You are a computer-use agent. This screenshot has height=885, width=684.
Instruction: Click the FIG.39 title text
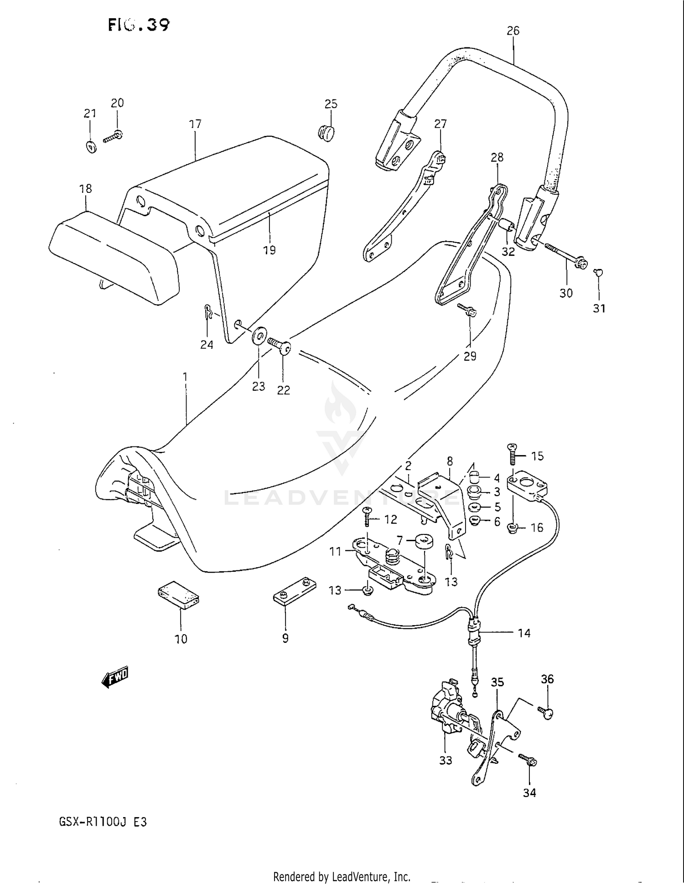pyautogui.click(x=139, y=25)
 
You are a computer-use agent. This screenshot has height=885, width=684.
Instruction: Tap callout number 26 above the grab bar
pyautogui.click(x=513, y=31)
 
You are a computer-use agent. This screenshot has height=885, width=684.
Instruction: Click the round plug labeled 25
pyautogui.click(x=325, y=132)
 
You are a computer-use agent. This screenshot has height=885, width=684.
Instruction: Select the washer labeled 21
pyautogui.click(x=91, y=147)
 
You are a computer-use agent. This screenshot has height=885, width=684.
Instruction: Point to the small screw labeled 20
pyautogui.click(x=113, y=136)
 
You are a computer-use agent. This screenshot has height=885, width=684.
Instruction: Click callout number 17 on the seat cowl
pyautogui.click(x=195, y=124)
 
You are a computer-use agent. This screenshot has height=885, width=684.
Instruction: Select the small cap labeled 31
pyautogui.click(x=599, y=273)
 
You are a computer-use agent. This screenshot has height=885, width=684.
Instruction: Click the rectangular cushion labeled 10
pyautogui.click(x=178, y=595)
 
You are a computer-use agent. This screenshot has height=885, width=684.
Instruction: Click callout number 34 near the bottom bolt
pyautogui.click(x=529, y=793)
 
